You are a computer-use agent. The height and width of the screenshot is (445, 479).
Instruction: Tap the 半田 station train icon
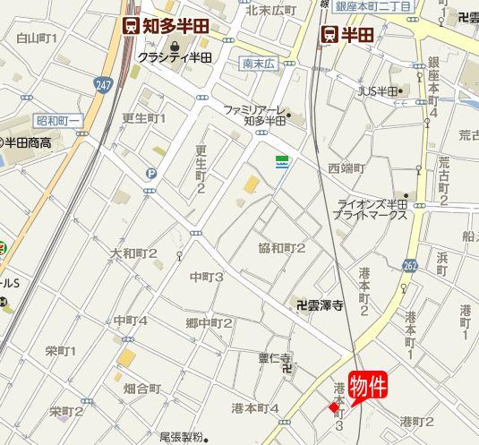coord(330,34)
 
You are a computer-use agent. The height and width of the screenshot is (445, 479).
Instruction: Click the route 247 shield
coord(100,83)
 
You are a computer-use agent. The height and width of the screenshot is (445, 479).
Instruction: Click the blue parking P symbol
coord(150,174)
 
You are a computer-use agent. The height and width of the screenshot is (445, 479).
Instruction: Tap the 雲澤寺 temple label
coord(320,305)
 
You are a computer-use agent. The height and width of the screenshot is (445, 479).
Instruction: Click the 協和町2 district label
coord(282,248)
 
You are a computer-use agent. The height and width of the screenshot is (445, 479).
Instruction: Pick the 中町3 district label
coord(207,278)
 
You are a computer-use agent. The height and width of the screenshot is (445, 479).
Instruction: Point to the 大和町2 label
coord(133,253)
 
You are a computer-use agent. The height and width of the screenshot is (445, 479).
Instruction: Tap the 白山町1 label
coord(37,39)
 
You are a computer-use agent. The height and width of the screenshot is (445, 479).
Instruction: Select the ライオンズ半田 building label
coord(371,210)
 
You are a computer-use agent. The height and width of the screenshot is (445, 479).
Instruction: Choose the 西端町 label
coord(346,167)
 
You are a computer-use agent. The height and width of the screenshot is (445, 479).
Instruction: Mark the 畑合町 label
coord(141,389)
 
